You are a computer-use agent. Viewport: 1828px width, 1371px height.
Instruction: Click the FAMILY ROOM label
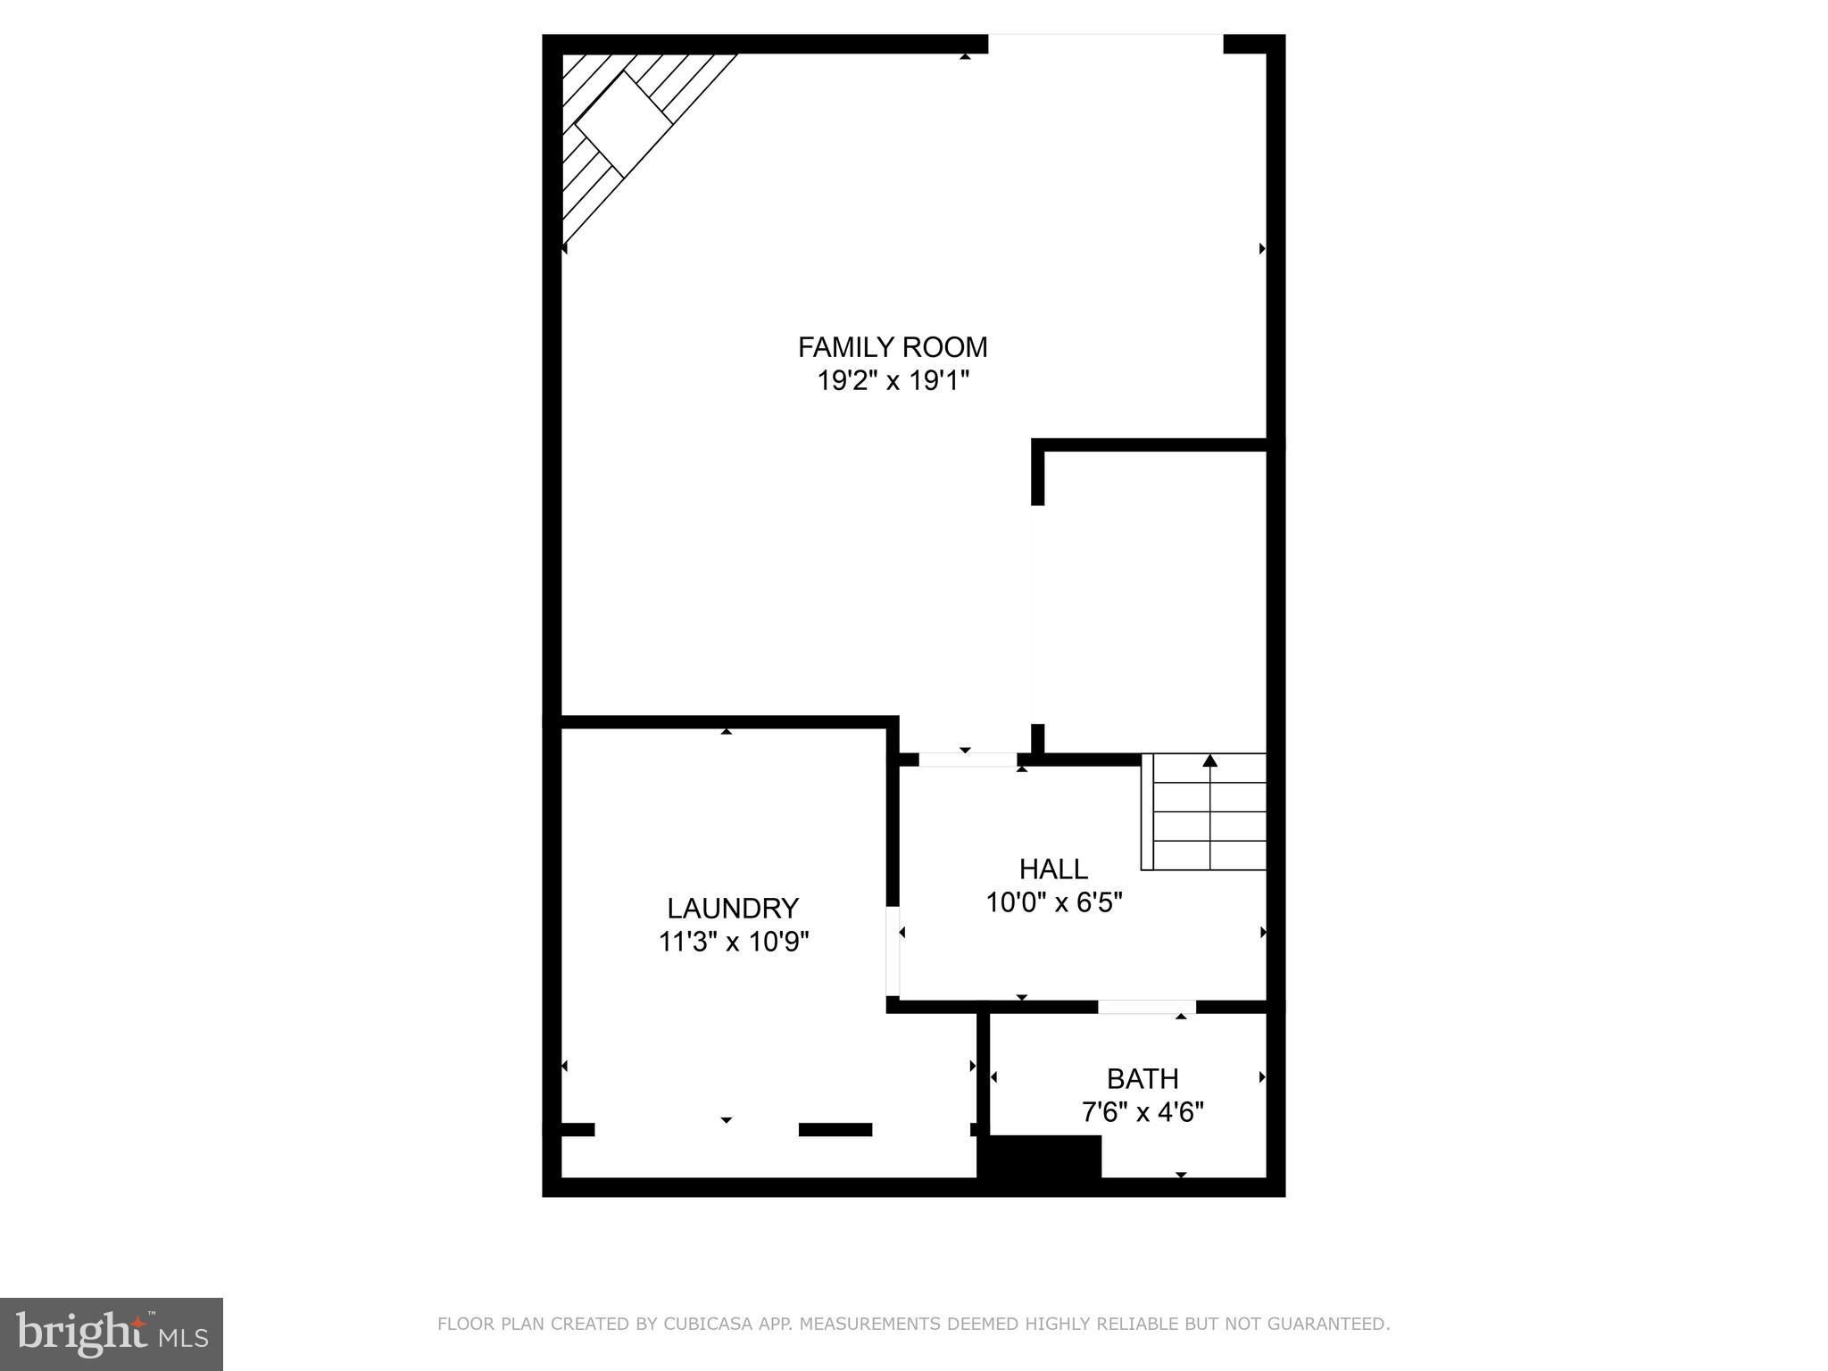(x=893, y=346)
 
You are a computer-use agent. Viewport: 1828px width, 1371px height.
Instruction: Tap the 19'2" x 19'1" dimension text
(x=893, y=381)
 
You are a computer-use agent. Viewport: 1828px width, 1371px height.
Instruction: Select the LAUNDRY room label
(x=733, y=908)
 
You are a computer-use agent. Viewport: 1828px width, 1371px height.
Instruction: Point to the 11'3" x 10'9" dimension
(x=733, y=942)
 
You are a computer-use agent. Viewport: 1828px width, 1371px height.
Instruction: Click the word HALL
(x=1053, y=868)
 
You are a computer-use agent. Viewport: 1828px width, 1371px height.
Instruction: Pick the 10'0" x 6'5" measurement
(x=1053, y=902)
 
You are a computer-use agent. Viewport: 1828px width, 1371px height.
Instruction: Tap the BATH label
(x=1142, y=1078)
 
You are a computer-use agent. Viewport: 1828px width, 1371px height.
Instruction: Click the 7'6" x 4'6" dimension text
(x=1142, y=1112)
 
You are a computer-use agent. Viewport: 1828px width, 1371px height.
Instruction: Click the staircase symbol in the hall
(x=1204, y=812)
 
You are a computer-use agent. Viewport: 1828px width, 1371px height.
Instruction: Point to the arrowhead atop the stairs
(x=1210, y=760)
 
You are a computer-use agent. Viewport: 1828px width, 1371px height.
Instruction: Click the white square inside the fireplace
(x=623, y=123)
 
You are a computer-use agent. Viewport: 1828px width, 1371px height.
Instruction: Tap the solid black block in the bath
(x=1041, y=1157)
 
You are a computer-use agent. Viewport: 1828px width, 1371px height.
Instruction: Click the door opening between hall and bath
(x=1146, y=1007)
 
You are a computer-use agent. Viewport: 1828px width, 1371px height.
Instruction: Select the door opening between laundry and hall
(x=893, y=951)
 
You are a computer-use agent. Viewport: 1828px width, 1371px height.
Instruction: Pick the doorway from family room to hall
(x=968, y=760)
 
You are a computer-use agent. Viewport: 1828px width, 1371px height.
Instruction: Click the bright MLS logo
(x=112, y=1334)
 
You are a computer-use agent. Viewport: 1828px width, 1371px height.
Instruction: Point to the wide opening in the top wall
(x=1105, y=44)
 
